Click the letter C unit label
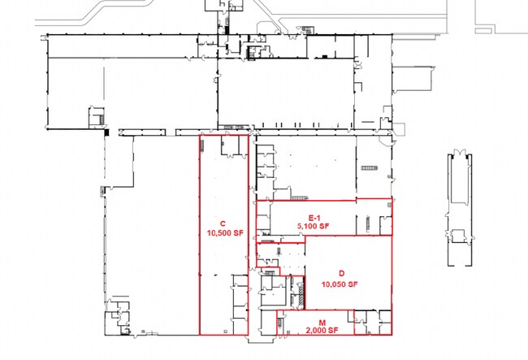tap(223, 223)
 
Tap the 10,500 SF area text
tap(224, 233)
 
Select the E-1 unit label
tap(314, 218)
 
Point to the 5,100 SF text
tap(313, 226)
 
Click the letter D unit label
tap(342, 273)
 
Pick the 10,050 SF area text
tap(340, 284)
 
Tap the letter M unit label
tap(322, 323)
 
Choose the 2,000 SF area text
tap(322, 331)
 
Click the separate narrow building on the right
tap(460, 210)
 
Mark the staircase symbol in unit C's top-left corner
tap(203, 146)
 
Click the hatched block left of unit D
tap(301, 293)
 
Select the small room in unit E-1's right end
tap(386, 225)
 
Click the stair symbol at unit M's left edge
tap(279, 323)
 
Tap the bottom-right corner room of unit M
tap(385, 323)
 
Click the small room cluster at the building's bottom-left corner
tap(117, 319)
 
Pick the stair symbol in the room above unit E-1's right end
tap(370, 167)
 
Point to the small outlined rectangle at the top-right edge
tap(483, 31)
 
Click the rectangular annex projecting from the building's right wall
tap(412, 79)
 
